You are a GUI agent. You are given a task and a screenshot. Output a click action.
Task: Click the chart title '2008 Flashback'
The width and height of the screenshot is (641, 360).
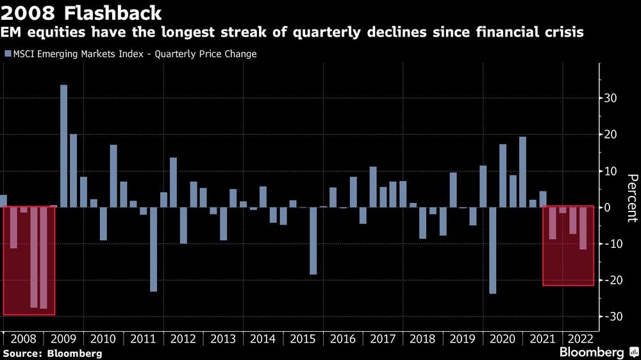81,12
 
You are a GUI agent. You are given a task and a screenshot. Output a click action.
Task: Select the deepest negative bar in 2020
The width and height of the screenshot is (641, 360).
492,250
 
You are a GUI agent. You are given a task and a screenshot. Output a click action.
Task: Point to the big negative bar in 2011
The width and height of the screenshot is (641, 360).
154,249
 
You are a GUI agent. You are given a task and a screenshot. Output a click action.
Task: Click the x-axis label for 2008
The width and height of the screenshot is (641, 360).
24,339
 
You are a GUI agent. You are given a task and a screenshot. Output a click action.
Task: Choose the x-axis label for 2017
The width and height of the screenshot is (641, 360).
383,339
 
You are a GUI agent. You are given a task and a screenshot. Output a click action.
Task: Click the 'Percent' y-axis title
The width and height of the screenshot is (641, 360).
631,198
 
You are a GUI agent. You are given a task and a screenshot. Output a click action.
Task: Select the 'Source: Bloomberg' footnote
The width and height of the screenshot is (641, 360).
52,353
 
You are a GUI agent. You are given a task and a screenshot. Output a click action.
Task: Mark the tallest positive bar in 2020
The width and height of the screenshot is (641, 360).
522,172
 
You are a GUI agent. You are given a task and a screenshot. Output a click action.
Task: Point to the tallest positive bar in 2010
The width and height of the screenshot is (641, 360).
113,176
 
